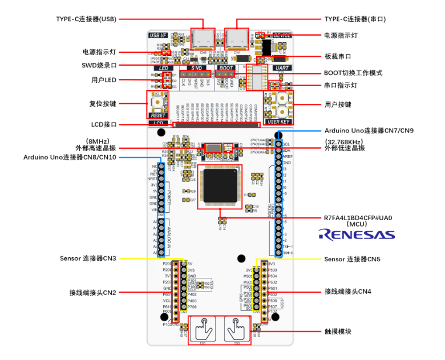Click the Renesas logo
click(x=356, y=234)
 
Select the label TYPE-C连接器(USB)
click(x=86, y=19)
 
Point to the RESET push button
click(x=157, y=102)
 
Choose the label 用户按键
click(x=338, y=104)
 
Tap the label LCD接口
click(x=104, y=124)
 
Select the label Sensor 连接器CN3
click(x=88, y=258)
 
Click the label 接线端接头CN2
click(x=92, y=292)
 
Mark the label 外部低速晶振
click(x=345, y=148)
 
